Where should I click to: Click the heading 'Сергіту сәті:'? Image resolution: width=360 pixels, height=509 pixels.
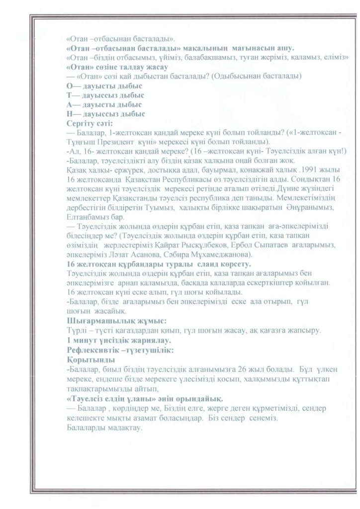[x=90, y=122]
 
